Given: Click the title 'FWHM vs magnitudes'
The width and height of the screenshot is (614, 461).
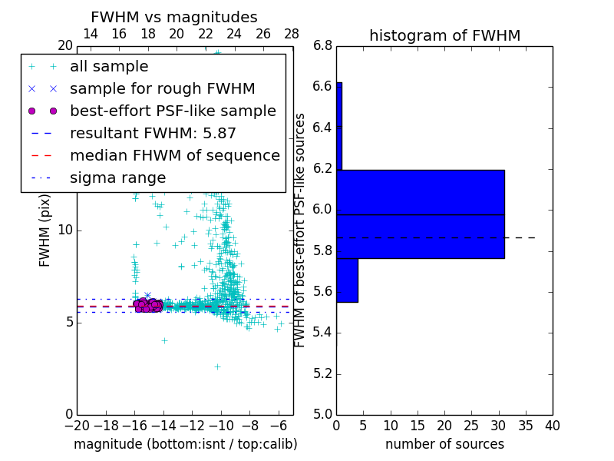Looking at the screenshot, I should click(174, 18).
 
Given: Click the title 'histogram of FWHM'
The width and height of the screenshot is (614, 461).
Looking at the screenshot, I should click(444, 35).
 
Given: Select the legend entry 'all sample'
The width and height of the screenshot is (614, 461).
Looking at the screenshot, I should click(109, 67).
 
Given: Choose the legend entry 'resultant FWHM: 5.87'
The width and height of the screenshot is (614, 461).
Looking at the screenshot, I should click(153, 133).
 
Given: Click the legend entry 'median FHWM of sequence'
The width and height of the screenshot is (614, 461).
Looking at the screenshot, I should click(174, 155).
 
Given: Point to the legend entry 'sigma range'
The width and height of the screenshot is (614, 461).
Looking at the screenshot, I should click(117, 178).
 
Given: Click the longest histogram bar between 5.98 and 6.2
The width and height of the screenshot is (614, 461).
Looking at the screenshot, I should click(420, 192).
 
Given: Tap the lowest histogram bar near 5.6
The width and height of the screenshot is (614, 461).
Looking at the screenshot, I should click(347, 280).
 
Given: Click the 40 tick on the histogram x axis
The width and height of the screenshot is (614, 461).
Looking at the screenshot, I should click(552, 426).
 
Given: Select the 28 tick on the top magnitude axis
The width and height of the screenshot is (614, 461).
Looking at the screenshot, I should click(292, 34).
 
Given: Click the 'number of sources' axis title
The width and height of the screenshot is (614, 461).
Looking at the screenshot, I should click(444, 444).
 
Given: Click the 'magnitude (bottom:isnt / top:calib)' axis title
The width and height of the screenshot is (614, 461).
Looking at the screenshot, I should click(185, 444).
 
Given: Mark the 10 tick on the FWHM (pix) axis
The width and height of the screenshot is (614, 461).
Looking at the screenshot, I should click(64, 230).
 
